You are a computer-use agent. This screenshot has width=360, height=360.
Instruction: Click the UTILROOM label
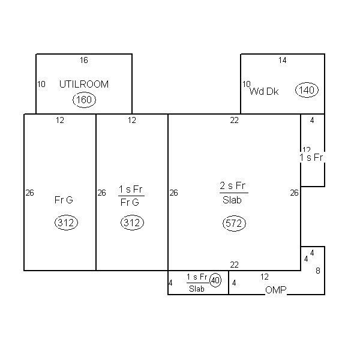point(84,85)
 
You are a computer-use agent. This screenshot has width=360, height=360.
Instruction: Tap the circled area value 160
point(84,100)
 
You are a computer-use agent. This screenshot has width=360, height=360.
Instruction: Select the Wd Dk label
point(265,92)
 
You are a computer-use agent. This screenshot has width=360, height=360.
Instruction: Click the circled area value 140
point(307,91)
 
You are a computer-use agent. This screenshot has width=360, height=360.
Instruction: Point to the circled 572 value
point(234,224)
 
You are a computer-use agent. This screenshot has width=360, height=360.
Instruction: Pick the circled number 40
point(215,280)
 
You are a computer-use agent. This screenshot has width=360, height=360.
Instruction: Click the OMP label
point(275,290)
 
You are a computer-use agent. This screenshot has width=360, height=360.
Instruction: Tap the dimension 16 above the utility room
point(84,60)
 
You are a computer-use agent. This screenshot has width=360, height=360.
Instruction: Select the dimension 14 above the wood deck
point(282,60)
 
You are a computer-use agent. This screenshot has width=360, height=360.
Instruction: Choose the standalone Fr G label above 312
point(63,200)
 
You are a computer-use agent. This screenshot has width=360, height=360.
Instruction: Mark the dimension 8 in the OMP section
point(318,271)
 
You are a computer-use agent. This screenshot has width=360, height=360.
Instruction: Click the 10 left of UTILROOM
point(41,85)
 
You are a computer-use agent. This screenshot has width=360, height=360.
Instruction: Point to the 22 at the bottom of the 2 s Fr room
point(235,265)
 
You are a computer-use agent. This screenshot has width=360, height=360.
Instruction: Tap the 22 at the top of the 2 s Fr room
point(235,121)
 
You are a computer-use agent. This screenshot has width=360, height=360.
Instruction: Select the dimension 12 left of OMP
point(265,277)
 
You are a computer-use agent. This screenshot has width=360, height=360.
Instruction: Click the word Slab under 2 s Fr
point(232,200)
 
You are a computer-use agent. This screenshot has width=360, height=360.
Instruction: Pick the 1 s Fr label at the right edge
point(311,158)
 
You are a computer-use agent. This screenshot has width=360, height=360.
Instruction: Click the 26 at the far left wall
point(30,193)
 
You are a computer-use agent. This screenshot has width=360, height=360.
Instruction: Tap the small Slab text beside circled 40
point(197,289)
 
